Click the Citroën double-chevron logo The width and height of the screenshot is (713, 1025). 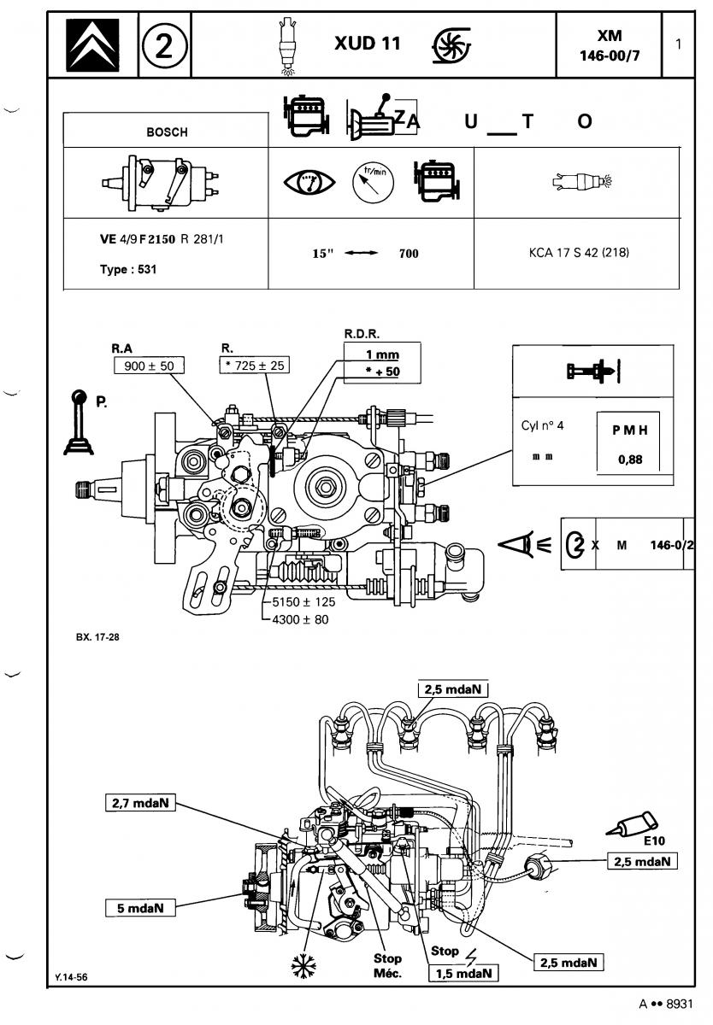click(92, 44)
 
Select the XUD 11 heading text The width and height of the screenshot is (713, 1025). click(368, 44)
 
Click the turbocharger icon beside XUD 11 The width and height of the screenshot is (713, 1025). click(451, 44)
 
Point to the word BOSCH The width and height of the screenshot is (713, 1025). click(168, 132)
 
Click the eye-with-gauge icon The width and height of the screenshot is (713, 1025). click(309, 182)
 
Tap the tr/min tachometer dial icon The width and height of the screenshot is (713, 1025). click(374, 183)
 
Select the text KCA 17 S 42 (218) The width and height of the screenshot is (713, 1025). click(579, 252)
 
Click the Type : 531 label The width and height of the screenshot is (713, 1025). click(128, 269)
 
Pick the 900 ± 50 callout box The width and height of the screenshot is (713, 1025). click(149, 366)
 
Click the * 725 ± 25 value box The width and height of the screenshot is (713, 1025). click(255, 366)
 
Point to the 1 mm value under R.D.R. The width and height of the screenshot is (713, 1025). click(382, 354)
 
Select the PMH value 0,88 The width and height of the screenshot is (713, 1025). click(630, 459)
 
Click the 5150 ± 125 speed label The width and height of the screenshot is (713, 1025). click(303, 601)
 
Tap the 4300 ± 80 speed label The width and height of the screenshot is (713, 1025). click(300, 619)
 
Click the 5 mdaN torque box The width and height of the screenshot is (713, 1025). click(140, 908)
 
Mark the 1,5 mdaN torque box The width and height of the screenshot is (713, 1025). click(463, 973)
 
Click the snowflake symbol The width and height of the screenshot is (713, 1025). click(304, 966)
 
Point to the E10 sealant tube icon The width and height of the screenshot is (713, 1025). click(633, 825)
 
